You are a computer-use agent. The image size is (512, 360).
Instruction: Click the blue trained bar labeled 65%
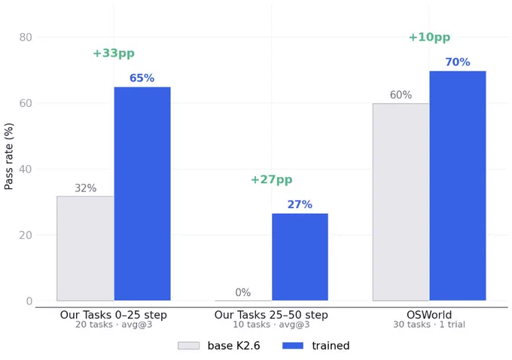142,194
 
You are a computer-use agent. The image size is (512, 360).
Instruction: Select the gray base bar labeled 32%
85,249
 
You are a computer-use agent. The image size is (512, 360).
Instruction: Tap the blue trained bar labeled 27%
300,257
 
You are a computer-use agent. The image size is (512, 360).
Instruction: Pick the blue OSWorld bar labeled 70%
458,185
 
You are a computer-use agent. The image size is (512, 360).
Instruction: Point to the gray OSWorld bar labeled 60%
401,202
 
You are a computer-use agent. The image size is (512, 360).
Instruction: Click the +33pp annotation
114,53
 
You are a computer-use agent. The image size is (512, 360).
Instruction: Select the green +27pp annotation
271,179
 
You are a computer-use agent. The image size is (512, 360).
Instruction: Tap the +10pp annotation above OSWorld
429,37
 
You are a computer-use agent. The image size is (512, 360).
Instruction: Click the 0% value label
243,292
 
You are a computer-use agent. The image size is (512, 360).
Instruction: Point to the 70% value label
458,62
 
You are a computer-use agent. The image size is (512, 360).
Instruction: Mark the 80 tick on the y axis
26,37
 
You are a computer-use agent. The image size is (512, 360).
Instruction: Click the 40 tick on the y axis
26,169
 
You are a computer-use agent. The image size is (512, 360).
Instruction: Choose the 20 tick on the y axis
26,235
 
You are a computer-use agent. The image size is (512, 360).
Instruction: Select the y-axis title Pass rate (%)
9,156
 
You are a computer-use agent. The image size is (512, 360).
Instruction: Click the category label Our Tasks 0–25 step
114,315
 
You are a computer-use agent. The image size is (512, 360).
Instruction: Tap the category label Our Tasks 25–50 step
271,315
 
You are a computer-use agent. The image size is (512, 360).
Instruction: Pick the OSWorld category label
429,315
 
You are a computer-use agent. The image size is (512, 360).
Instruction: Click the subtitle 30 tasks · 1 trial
429,325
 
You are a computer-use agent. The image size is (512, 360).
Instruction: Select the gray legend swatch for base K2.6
188,346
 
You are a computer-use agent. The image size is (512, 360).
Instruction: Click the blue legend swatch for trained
293,346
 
